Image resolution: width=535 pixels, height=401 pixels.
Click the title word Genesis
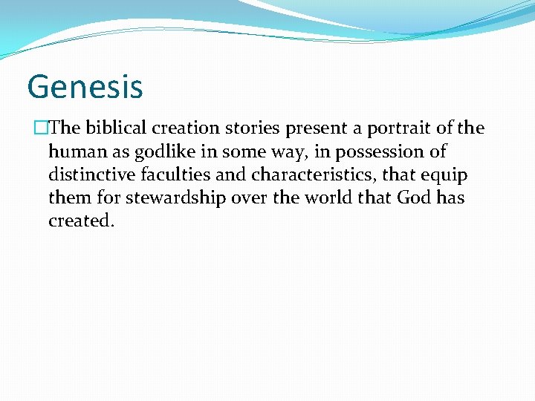pos(85,86)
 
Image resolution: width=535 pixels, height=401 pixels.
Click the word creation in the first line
pos(189,128)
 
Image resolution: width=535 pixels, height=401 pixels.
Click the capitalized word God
pos(414,198)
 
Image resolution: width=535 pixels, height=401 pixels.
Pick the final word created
pos(81,221)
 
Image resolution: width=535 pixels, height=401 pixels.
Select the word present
pos(321,128)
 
